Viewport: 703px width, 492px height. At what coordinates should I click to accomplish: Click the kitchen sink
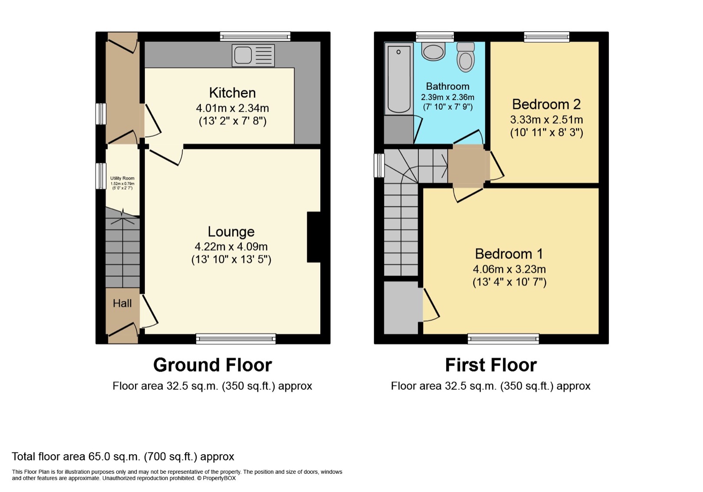(x=253, y=55)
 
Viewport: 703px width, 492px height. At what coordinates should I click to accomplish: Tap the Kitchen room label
(x=232, y=93)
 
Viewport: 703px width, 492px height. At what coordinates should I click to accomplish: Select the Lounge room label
(x=231, y=232)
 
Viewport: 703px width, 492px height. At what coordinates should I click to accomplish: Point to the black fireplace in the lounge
(x=313, y=237)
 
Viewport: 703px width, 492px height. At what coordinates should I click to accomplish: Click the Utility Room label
(x=122, y=178)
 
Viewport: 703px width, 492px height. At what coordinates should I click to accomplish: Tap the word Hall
(x=122, y=303)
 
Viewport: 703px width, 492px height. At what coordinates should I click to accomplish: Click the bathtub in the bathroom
(x=398, y=79)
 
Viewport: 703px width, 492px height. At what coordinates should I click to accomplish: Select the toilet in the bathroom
(x=466, y=57)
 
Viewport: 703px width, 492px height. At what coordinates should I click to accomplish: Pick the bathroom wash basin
(x=433, y=52)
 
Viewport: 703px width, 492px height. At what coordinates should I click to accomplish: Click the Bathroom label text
(x=447, y=86)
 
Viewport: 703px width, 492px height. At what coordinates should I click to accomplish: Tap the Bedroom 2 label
(x=546, y=104)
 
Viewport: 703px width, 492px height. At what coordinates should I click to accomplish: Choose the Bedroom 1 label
(x=509, y=254)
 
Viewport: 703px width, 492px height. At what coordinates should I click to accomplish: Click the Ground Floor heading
(x=213, y=365)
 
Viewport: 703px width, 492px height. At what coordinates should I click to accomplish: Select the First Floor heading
(x=491, y=365)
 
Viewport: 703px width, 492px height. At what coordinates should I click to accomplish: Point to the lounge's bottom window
(x=236, y=339)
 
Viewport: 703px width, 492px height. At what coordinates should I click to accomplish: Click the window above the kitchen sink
(x=255, y=36)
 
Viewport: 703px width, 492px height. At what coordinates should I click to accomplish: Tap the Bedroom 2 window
(x=546, y=36)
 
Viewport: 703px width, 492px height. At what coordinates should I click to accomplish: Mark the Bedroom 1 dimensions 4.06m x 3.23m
(x=509, y=269)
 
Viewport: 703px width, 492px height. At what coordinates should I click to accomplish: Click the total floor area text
(x=123, y=456)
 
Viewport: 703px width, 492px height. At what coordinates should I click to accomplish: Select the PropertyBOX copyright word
(x=219, y=479)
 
